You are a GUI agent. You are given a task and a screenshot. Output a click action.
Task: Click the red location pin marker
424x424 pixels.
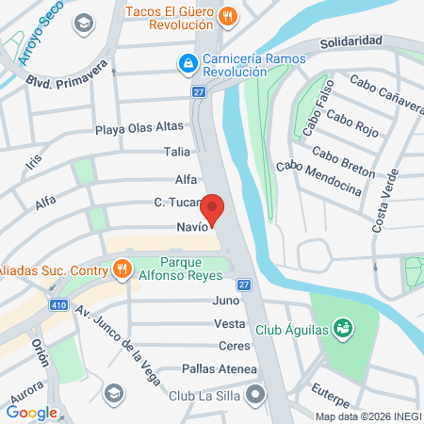(x=213, y=209)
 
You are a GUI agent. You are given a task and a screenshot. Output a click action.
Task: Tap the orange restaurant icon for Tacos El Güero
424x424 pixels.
(x=226, y=15)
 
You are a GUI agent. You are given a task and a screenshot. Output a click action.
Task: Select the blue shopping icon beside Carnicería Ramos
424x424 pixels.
(x=188, y=64)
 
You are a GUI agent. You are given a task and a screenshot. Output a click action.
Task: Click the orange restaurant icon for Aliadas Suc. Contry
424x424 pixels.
(x=122, y=270)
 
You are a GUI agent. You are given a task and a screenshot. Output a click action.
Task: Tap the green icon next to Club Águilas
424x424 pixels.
(x=344, y=328)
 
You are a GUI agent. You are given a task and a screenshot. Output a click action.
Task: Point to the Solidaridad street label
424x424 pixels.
(x=350, y=42)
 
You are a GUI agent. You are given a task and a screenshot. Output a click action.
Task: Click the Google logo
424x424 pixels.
(x=32, y=412)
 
